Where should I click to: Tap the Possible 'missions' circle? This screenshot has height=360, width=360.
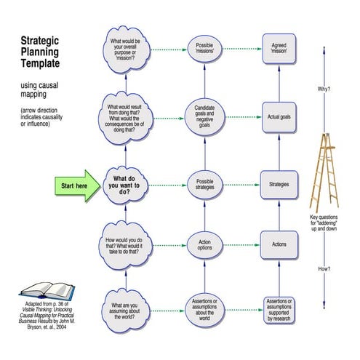(x=204, y=50)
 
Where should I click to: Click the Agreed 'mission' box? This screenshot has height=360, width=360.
(x=279, y=49)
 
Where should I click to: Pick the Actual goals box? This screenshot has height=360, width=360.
(x=279, y=116)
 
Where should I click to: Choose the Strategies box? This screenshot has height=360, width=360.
(x=279, y=184)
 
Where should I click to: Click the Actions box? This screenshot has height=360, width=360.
(x=279, y=244)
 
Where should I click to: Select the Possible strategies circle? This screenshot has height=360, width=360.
(x=204, y=184)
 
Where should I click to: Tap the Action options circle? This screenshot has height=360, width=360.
(x=204, y=244)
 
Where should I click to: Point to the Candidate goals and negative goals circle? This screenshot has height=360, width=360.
(x=204, y=116)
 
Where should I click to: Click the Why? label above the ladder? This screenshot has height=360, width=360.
(x=324, y=89)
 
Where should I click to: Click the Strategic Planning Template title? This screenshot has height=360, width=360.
(x=45, y=53)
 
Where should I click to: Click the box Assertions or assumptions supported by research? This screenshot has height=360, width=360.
(x=279, y=308)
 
